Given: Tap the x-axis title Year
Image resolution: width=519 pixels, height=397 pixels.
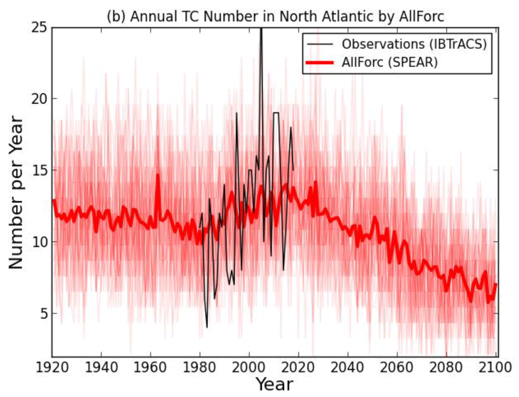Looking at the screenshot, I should click(274, 384).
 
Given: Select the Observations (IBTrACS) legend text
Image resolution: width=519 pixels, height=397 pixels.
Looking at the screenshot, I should click(414, 44).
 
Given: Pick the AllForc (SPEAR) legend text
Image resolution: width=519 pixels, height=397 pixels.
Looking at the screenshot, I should click(390, 62).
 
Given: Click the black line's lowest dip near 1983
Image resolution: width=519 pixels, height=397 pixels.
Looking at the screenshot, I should click(207, 327).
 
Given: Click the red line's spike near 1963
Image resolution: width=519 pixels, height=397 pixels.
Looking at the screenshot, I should click(158, 175).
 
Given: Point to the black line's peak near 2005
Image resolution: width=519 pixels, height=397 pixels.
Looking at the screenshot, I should click(261, 29).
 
